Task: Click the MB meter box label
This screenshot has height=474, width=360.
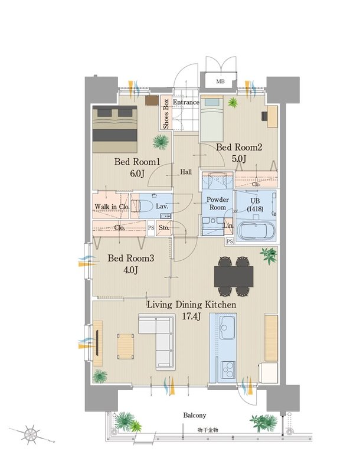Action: [x=220, y=81]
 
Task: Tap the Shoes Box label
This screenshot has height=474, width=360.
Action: [x=166, y=114]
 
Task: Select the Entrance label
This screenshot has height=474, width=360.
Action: [x=186, y=102]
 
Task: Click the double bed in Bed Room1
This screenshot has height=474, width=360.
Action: [x=115, y=129]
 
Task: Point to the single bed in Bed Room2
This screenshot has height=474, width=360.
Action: [x=212, y=119]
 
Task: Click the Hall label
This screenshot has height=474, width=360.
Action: [x=186, y=172]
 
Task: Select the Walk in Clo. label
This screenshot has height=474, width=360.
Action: [x=112, y=207]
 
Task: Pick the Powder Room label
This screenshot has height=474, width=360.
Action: [x=218, y=204]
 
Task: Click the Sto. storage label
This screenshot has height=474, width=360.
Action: [x=164, y=228]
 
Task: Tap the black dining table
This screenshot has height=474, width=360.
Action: [x=234, y=276]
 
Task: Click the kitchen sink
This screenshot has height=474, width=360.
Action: [x=227, y=328]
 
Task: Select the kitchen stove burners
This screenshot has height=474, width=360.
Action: [x=227, y=369]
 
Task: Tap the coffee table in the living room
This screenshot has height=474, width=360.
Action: [x=126, y=346]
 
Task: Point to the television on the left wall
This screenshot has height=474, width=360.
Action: [x=97, y=343]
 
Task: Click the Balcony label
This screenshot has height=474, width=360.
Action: [x=194, y=415]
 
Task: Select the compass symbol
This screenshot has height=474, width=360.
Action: [x=31, y=434]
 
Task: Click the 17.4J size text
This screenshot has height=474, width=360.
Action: [x=191, y=316]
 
